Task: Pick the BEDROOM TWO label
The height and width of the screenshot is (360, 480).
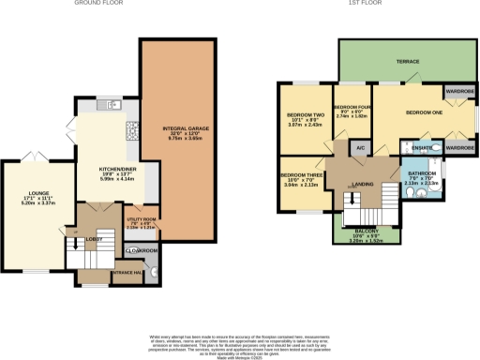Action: point(305,117)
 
